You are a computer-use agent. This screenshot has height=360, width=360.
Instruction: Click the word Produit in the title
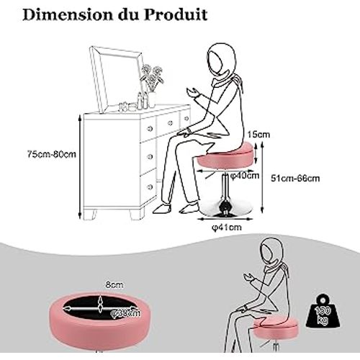[181, 14]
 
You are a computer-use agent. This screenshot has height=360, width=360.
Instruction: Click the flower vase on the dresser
[151, 90]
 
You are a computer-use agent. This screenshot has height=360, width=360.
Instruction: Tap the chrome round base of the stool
[224, 207]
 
